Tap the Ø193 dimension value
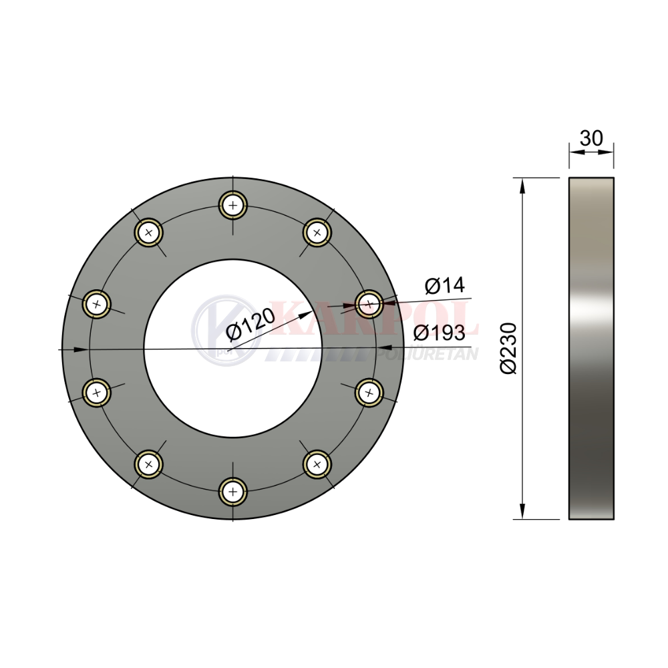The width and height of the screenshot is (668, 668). point(440,332)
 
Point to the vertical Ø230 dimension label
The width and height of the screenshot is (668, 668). point(508,349)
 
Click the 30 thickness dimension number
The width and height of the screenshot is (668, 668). point(591,138)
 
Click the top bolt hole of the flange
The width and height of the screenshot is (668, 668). point(232,205)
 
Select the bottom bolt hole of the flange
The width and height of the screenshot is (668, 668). point(232,492)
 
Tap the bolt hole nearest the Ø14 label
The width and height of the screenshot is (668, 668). point(369,304)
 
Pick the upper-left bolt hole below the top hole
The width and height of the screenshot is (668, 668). point(149,232)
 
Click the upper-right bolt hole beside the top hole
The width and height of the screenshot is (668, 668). point(317,232)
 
